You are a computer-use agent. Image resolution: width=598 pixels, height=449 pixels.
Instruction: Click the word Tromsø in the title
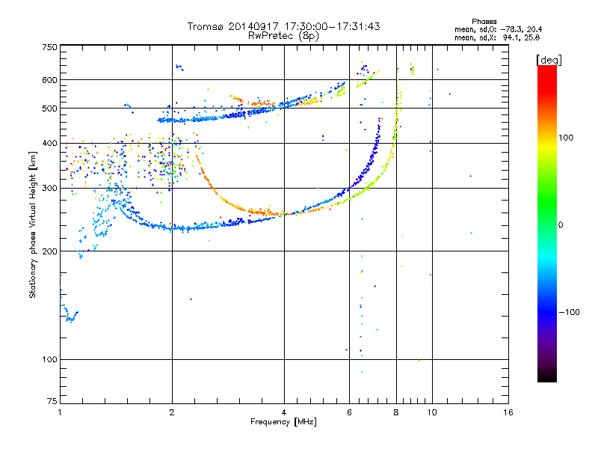pos(204,26)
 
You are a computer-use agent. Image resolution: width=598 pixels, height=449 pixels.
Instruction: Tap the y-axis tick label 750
pos(49,46)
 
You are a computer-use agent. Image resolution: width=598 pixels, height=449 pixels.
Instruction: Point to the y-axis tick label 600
pos(49,79)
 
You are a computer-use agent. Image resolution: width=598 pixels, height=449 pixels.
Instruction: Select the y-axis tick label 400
pos(49,143)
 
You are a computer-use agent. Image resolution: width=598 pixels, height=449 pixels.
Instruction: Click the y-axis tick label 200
pos(49,251)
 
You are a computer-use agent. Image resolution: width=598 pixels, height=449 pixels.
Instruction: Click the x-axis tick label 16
pos(508,412)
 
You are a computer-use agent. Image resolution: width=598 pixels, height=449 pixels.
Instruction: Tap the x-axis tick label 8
pos(397,412)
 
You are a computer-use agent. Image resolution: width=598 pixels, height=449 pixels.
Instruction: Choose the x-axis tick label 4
pos(284,412)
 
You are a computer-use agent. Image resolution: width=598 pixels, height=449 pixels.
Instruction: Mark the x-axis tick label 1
pos(60,412)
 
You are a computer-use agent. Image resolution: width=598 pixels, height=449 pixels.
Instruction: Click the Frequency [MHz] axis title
pos(283,422)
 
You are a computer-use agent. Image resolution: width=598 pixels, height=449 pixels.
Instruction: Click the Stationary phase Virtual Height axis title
pos(34,224)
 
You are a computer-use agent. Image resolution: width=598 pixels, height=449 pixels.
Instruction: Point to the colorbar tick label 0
pos(561,224)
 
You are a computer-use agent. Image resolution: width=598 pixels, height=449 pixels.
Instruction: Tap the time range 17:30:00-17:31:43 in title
pos(330,26)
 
